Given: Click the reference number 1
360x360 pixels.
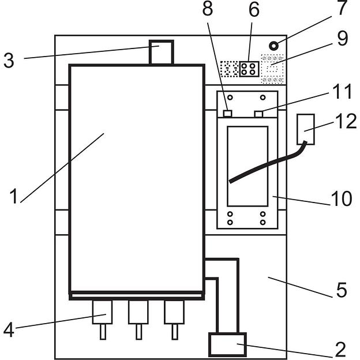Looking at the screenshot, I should click(x=14, y=196).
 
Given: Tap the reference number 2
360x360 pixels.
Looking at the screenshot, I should click(x=340, y=349).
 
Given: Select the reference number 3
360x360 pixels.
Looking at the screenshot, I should click(x=9, y=60).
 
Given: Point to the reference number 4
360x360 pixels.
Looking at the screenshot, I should click(x=8, y=331).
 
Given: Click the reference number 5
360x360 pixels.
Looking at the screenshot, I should click(x=341, y=290).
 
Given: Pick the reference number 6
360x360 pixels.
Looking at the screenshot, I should click(x=253, y=10).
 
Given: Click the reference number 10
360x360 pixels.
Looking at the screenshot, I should click(x=342, y=199).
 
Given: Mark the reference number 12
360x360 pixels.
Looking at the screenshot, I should click(x=347, y=121).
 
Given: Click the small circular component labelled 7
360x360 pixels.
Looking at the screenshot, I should click(x=275, y=46).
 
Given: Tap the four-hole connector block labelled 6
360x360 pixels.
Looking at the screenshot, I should click(x=249, y=69).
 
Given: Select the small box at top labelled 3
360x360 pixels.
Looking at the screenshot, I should click(x=160, y=52).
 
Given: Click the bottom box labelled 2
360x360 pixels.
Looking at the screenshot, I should click(x=227, y=346).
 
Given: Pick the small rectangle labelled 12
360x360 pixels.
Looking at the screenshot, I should click(x=306, y=129).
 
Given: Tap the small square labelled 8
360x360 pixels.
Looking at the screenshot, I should click(x=228, y=114).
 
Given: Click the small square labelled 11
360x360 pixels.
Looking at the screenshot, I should click(x=260, y=114).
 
